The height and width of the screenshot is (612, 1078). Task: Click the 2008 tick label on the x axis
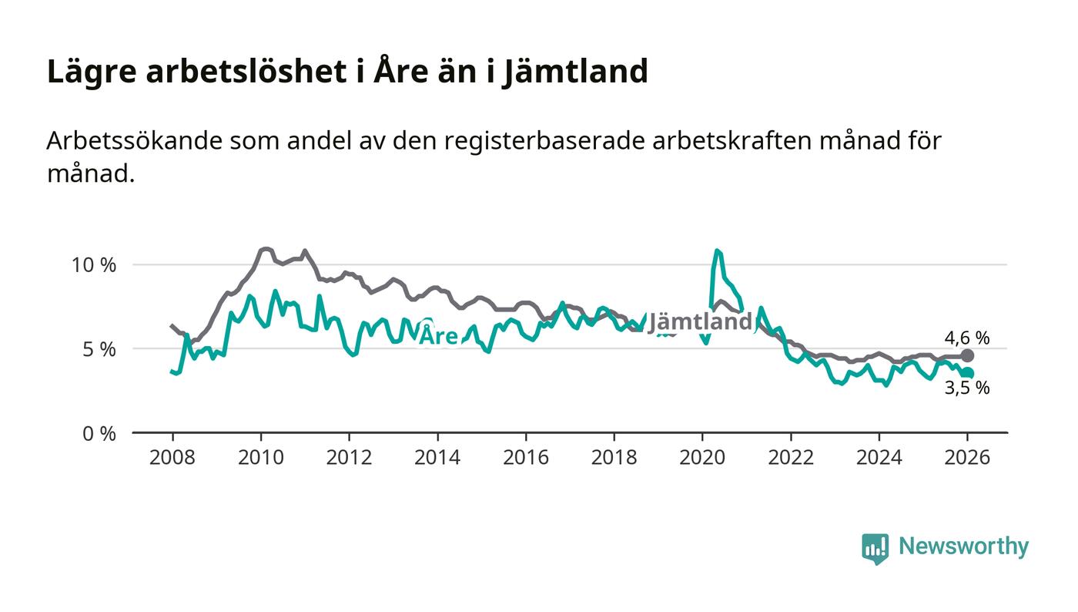[x=172, y=457]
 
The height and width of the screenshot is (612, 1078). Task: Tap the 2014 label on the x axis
[x=437, y=457]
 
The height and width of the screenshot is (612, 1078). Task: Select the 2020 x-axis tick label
[x=702, y=457]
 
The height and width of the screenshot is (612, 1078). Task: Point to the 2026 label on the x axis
[x=968, y=457]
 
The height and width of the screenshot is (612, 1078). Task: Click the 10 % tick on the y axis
[x=93, y=265]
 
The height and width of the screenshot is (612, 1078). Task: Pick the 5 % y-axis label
[x=99, y=349]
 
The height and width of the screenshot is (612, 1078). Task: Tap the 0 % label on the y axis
[x=99, y=434]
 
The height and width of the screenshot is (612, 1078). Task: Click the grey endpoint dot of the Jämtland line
[x=968, y=356]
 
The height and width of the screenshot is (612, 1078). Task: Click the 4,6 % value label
[x=966, y=338]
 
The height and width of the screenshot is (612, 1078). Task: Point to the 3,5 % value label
[x=966, y=388]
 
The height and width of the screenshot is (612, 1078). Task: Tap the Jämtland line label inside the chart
[x=699, y=322]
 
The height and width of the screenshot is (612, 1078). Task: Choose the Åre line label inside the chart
[x=438, y=336]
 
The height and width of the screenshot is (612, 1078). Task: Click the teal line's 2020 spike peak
[x=717, y=251]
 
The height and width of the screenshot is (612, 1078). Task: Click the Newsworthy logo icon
[x=875, y=548]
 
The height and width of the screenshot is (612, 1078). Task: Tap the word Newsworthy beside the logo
[x=963, y=546]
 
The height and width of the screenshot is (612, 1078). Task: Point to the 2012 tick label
[x=349, y=457]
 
